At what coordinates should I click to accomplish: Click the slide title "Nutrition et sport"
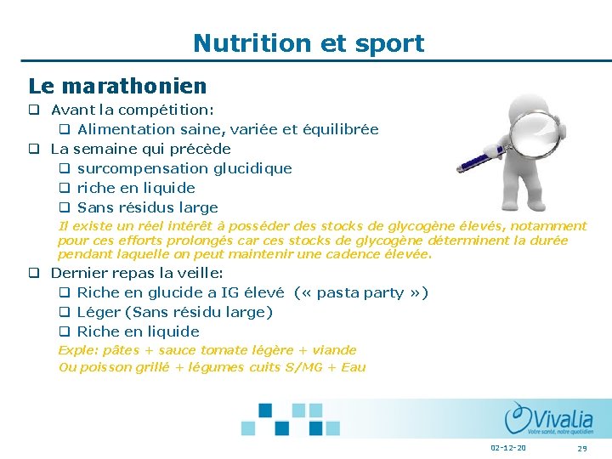pos(308,42)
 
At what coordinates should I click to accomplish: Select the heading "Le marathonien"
pos(117,86)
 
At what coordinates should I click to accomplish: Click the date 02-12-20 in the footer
pos(507,448)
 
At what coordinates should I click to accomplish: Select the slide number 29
pos(582,448)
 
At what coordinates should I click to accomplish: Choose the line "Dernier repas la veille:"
pos(137,273)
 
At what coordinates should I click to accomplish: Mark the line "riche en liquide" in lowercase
pos(136,188)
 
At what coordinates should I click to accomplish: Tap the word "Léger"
pos(99,312)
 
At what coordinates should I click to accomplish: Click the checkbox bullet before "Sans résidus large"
pos(64,207)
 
